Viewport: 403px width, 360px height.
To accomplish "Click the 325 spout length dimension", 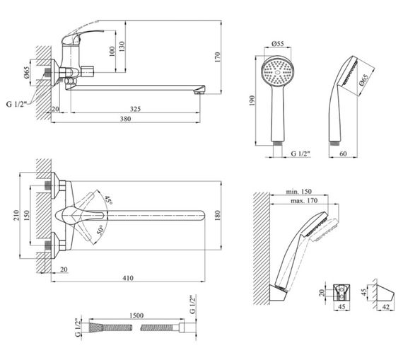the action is (135, 109).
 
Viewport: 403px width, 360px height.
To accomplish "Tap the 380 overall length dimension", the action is (125, 119).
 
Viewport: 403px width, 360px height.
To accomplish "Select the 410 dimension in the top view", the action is (128, 278).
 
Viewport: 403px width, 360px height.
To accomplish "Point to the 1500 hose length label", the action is (136, 315).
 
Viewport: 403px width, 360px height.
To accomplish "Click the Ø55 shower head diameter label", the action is (278, 43).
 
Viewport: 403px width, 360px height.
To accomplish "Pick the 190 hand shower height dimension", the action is (252, 100).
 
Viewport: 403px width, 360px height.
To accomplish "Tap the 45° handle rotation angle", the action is (108, 200).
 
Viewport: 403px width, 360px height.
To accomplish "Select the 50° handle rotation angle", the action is (101, 230).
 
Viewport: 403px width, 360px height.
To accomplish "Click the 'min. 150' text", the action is (298, 192).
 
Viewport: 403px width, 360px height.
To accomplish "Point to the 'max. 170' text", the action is (304, 201).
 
